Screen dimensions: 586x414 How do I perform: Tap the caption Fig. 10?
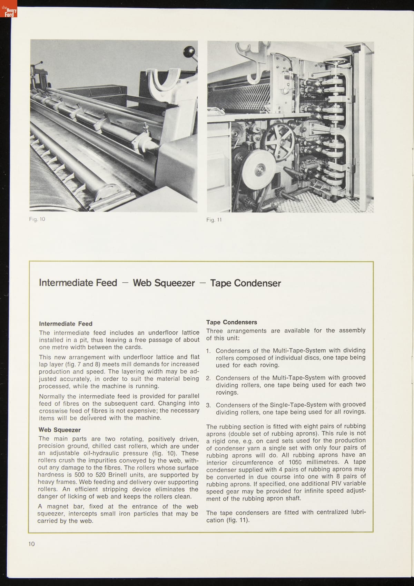coord(37,219)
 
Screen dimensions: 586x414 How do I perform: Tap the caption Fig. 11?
coord(214,220)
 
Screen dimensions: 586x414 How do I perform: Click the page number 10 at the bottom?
coord(32,544)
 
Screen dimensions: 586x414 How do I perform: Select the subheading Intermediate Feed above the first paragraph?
coord(66,324)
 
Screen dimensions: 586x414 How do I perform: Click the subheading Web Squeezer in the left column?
coord(60,430)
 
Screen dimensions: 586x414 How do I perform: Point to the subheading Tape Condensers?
coord(231,322)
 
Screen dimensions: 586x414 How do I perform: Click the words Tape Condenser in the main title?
coord(245,283)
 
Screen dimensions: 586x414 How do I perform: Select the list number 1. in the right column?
coord(208,351)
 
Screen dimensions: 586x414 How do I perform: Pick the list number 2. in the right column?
coord(208,378)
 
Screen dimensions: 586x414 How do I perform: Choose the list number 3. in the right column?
coord(208,405)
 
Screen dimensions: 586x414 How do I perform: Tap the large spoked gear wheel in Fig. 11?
coord(279,140)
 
